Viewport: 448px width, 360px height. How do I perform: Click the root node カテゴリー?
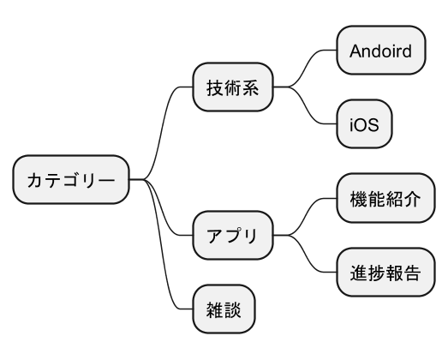point(71,179)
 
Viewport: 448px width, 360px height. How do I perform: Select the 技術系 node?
point(233,87)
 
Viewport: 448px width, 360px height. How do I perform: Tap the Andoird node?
point(381,50)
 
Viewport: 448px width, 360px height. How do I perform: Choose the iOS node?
point(364,123)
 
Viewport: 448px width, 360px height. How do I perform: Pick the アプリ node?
point(233,236)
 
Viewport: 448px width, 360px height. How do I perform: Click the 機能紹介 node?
point(385,198)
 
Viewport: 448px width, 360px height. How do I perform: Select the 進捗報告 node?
point(385,273)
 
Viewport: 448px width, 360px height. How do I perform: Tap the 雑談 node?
point(224,309)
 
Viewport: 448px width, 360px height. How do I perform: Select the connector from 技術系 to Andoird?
point(306,69)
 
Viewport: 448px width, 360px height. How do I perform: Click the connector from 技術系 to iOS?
point(306,105)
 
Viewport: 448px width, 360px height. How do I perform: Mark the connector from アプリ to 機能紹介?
point(306,217)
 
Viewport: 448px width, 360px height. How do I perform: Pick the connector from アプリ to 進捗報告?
point(306,254)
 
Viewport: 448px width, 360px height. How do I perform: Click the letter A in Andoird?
point(355,51)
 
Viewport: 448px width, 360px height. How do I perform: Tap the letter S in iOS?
point(373,124)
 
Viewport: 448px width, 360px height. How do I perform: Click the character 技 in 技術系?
point(215,87)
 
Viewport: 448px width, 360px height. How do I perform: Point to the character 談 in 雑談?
point(233,309)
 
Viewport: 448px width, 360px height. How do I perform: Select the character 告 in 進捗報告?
point(412,273)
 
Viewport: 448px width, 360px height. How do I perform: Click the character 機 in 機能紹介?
point(359,199)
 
